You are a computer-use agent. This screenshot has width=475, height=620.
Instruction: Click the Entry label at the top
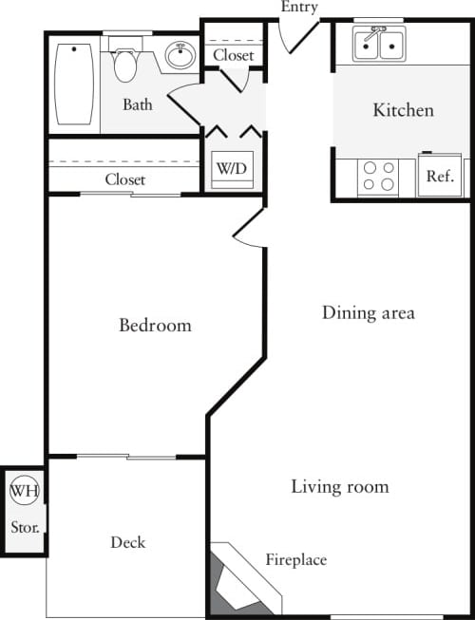point(299,8)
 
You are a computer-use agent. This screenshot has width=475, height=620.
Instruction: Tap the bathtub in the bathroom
point(73,83)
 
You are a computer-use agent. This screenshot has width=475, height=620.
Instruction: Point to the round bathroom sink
point(180,56)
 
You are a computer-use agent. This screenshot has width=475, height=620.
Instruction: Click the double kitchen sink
point(379,44)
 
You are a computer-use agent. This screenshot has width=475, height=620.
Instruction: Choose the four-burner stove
point(379,177)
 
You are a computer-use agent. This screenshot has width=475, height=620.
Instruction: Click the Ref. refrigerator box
point(439,177)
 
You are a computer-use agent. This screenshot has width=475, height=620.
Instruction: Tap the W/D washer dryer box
point(231,169)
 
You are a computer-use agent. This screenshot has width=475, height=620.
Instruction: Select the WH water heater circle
point(23,492)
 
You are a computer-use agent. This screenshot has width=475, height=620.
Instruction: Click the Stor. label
point(24,526)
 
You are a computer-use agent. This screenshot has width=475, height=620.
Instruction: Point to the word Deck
point(127,542)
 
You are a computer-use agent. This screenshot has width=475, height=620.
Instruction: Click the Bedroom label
point(155,326)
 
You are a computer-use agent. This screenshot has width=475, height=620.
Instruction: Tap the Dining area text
point(368,312)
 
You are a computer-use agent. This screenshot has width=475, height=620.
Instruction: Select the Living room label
point(339,487)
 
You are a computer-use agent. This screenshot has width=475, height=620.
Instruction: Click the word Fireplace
point(295,560)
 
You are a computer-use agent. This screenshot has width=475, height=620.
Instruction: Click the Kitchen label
point(403,110)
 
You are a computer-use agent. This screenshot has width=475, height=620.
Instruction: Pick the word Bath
point(138,104)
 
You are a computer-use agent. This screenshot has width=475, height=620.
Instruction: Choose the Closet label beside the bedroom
point(125,179)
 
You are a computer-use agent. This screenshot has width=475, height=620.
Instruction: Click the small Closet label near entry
point(233,56)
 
